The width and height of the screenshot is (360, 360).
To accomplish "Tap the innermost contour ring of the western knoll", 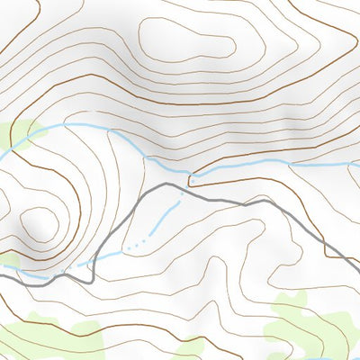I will (38, 225).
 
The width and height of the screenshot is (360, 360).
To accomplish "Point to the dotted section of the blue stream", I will (135, 245).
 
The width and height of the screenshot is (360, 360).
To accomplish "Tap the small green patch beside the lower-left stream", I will (8, 261).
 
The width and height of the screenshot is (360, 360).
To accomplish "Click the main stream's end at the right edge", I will (357, 165).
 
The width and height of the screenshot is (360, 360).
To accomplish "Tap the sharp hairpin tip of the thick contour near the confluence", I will (189, 179).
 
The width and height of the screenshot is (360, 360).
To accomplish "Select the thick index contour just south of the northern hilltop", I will (207, 99).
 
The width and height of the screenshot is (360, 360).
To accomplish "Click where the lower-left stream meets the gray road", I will (90, 265).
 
